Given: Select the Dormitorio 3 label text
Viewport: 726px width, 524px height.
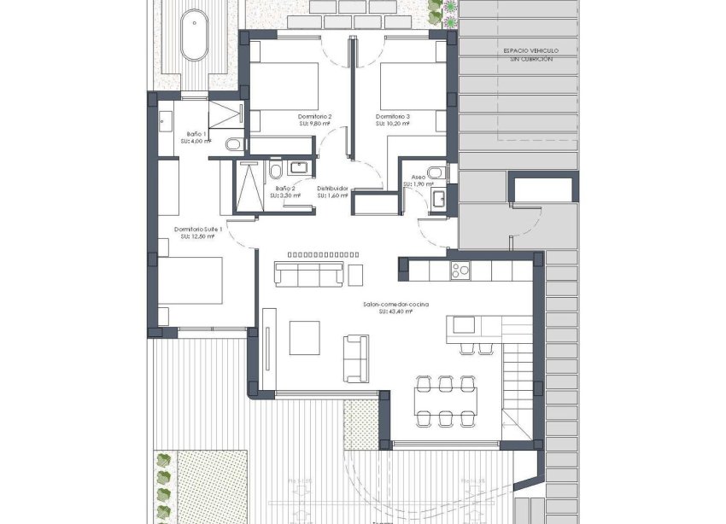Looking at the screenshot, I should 392,116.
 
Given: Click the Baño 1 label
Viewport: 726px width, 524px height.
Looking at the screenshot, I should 197,134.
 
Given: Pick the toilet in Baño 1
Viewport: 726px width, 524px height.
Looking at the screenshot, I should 233,145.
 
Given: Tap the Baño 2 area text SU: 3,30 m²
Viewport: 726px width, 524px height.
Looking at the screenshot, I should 286,195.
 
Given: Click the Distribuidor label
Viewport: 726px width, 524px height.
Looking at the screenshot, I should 332,188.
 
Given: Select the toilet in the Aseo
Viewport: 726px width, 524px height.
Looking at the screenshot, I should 436,173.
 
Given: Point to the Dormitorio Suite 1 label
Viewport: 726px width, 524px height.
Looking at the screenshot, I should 198,229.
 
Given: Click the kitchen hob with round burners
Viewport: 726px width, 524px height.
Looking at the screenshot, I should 460,271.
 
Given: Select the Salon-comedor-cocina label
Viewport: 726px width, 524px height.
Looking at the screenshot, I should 395,305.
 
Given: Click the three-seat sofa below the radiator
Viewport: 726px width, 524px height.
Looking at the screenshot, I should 308,273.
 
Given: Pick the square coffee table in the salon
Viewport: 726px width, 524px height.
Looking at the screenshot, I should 304,337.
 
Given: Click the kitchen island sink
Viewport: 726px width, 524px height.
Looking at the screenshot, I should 465,325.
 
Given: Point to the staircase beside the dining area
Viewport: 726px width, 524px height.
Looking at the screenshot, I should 518,376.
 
